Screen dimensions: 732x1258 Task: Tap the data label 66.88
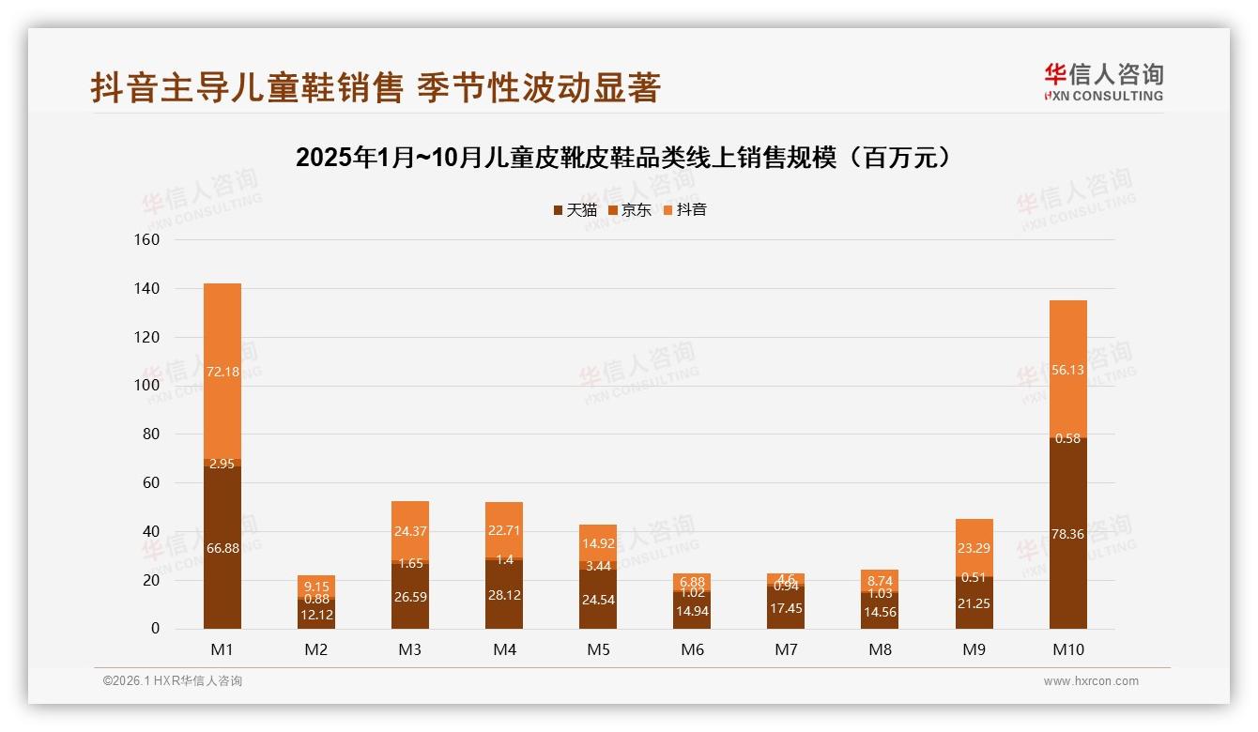click(x=222, y=548)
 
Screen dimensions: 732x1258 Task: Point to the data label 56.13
click(x=1068, y=370)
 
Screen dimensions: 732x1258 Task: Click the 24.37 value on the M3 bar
click(x=410, y=531)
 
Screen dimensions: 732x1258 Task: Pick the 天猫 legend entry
click(x=575, y=209)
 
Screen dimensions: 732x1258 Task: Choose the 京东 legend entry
click(x=630, y=209)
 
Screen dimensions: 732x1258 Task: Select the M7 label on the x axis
click(x=786, y=649)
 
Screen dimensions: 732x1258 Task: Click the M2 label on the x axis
click(x=316, y=649)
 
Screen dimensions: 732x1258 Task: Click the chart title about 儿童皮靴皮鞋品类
click(x=628, y=157)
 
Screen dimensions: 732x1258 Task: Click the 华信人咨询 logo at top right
click(x=1103, y=82)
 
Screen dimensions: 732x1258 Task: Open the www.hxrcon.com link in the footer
click(x=1091, y=681)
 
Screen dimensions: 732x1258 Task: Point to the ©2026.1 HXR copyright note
click(x=173, y=681)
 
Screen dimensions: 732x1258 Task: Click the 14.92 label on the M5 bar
click(x=598, y=542)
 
